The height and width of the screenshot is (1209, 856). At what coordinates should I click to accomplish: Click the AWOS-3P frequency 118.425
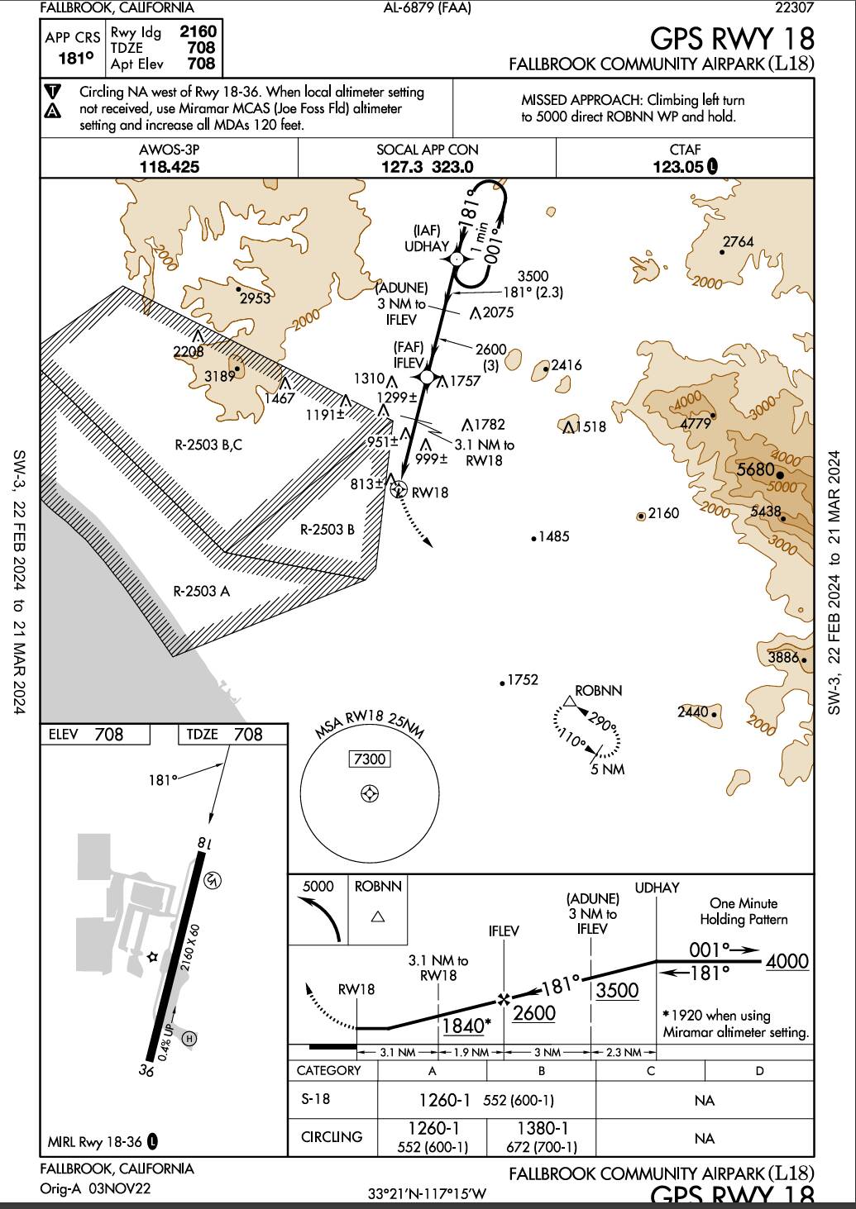pyautogui.click(x=170, y=166)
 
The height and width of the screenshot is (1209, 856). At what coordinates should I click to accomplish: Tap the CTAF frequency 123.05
pyautogui.click(x=677, y=166)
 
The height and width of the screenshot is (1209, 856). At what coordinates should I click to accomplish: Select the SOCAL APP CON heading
pyautogui.click(x=427, y=150)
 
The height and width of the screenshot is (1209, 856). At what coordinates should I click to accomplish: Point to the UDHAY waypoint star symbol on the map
pyautogui.click(x=456, y=259)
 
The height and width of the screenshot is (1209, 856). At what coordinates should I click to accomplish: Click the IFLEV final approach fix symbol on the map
pyautogui.click(x=427, y=377)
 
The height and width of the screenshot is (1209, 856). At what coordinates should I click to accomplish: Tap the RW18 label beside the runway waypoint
pyautogui.click(x=430, y=493)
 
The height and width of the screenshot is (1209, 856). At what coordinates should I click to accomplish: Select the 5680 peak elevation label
pyautogui.click(x=755, y=470)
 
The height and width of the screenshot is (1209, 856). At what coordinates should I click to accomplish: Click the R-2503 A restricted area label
pyautogui.click(x=202, y=591)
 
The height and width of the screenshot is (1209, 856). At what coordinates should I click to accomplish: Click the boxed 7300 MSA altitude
pyautogui.click(x=369, y=759)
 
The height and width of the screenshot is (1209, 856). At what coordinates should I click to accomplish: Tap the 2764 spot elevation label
pyautogui.click(x=738, y=242)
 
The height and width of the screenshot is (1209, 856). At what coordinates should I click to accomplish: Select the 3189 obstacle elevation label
pyautogui.click(x=219, y=376)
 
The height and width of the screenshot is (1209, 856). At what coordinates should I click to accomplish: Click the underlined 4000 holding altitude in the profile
pyautogui.click(x=787, y=962)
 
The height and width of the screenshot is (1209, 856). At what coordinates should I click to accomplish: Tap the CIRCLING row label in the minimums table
pyautogui.click(x=332, y=1137)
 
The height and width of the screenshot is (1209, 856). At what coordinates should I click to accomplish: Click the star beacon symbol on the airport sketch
pyautogui.click(x=151, y=957)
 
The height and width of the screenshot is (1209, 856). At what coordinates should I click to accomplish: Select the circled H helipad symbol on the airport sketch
pyautogui.click(x=189, y=1038)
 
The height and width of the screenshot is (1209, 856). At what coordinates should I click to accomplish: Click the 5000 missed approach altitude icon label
pyautogui.click(x=318, y=887)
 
